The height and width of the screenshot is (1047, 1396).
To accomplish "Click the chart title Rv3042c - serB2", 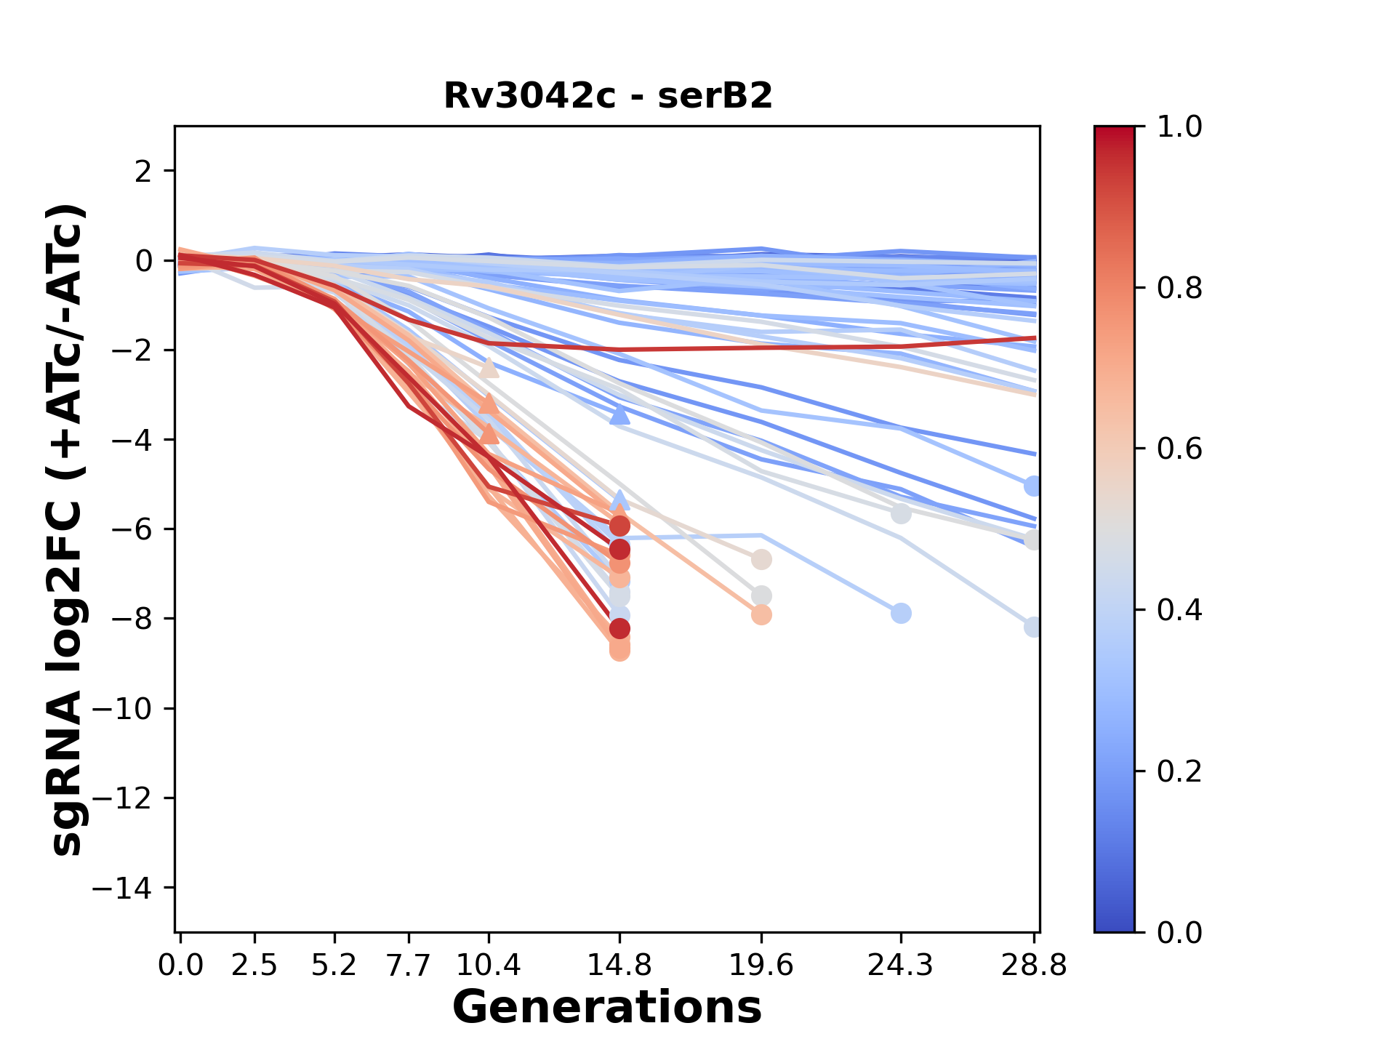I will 608,96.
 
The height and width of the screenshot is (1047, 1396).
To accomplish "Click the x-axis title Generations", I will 607,1008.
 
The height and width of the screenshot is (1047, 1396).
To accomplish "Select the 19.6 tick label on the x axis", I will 761,966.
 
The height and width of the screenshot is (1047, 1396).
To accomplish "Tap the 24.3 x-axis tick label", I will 900,966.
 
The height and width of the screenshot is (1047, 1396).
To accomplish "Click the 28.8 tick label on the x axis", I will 1034,966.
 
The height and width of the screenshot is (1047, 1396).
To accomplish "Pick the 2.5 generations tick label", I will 254,966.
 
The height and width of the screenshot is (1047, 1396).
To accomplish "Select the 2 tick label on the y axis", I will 144,172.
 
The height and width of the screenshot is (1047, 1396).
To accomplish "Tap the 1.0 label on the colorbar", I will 1179,127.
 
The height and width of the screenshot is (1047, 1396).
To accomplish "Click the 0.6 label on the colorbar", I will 1179,449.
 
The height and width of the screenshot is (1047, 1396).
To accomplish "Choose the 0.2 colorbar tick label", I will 1179,771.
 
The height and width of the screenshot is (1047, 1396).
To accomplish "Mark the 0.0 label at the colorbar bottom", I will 1179,932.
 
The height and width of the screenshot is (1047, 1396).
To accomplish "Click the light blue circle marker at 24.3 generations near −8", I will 901,613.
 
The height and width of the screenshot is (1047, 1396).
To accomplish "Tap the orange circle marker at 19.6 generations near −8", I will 761,615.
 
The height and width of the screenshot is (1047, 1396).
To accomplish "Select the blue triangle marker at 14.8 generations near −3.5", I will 619,415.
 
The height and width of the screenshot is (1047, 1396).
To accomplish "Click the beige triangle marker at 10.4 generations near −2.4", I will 489,369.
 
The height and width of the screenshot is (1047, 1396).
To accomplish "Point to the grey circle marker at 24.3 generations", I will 901,514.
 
